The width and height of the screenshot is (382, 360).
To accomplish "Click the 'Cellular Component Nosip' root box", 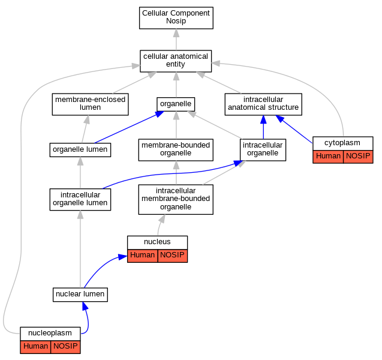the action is point(176,18).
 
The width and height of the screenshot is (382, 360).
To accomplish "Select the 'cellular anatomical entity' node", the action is point(176,61).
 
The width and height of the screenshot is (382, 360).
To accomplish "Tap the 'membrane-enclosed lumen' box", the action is point(90,104).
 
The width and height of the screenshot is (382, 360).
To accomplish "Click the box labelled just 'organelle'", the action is point(176,104).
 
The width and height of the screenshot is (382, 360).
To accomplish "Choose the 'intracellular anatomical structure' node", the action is point(263,104).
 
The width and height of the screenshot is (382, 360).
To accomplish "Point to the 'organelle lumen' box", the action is point(80,150).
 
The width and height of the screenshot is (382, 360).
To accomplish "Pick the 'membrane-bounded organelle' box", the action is point(176,150).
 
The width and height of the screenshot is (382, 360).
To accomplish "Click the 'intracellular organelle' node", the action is point(263,150).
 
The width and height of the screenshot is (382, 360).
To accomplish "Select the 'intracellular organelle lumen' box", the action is point(80,200).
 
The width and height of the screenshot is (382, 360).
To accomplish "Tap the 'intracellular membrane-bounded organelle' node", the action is point(176,200).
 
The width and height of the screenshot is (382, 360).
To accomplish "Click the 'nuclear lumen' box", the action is point(80,295).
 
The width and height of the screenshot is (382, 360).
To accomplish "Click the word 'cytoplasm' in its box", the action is point(342,143).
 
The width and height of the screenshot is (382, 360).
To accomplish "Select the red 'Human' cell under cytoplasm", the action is point(328,157).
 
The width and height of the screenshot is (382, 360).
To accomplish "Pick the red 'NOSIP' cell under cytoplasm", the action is point(358,157).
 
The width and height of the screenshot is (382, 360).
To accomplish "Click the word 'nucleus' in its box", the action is point(157,242).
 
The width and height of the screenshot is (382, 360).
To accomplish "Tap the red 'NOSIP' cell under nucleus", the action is point(173,256).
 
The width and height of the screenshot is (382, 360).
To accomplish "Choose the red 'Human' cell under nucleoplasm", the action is point(35,347).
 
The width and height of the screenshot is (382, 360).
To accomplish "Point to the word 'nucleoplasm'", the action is point(50,333).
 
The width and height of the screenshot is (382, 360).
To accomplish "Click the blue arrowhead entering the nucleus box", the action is point(123,257).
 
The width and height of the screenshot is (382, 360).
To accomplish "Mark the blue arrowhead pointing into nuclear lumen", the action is point(85,306).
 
